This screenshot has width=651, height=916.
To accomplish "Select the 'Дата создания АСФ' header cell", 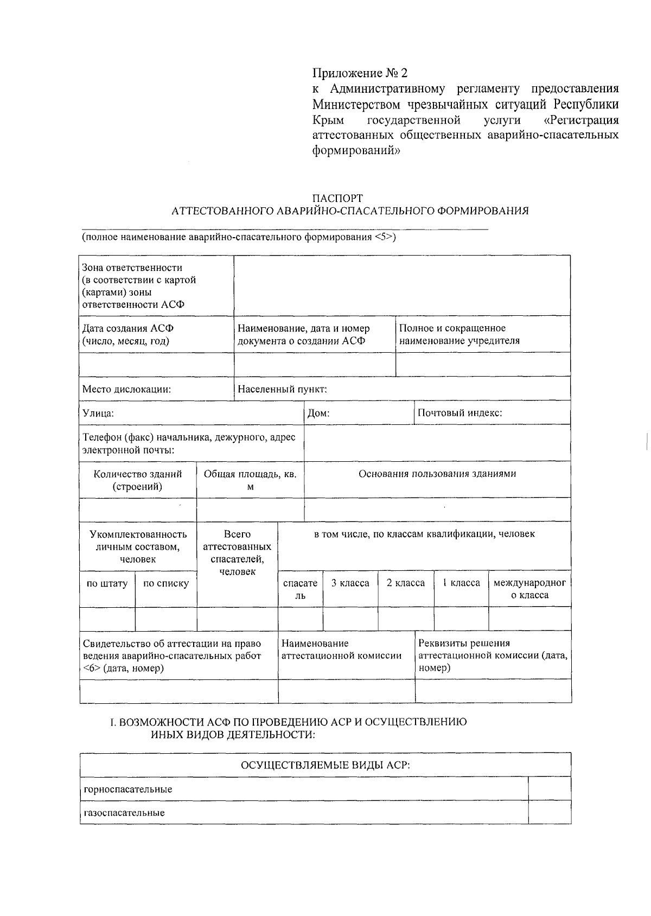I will pos(128,334).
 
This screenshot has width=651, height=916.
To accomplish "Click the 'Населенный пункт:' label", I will pos(282,389).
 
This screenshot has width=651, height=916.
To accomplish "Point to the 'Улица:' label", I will pos(98,413).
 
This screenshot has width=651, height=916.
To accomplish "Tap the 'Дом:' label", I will pos(318,413).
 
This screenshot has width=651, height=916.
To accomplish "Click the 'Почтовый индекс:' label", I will pos(459,412).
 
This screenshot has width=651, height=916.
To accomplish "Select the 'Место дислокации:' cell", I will pos(127,389).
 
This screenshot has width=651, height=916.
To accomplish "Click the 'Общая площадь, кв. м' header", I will pos(250,480).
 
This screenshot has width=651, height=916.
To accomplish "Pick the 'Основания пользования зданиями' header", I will pos(437,474).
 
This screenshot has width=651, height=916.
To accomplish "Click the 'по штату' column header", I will pos(107,583).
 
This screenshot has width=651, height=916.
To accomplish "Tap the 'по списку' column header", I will pos(165,583).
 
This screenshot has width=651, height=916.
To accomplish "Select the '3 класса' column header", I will pos(350,583).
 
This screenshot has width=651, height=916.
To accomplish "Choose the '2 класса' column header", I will pos(405,583).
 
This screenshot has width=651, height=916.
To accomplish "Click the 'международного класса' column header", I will pos(529,589).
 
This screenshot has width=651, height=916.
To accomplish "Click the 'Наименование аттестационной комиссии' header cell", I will pos(342,649).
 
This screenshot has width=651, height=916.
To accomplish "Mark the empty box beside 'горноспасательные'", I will pos(549,788).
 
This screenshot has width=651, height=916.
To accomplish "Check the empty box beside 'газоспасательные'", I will pos(549,812).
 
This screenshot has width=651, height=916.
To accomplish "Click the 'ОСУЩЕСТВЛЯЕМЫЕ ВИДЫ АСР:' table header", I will pos(325,765).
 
